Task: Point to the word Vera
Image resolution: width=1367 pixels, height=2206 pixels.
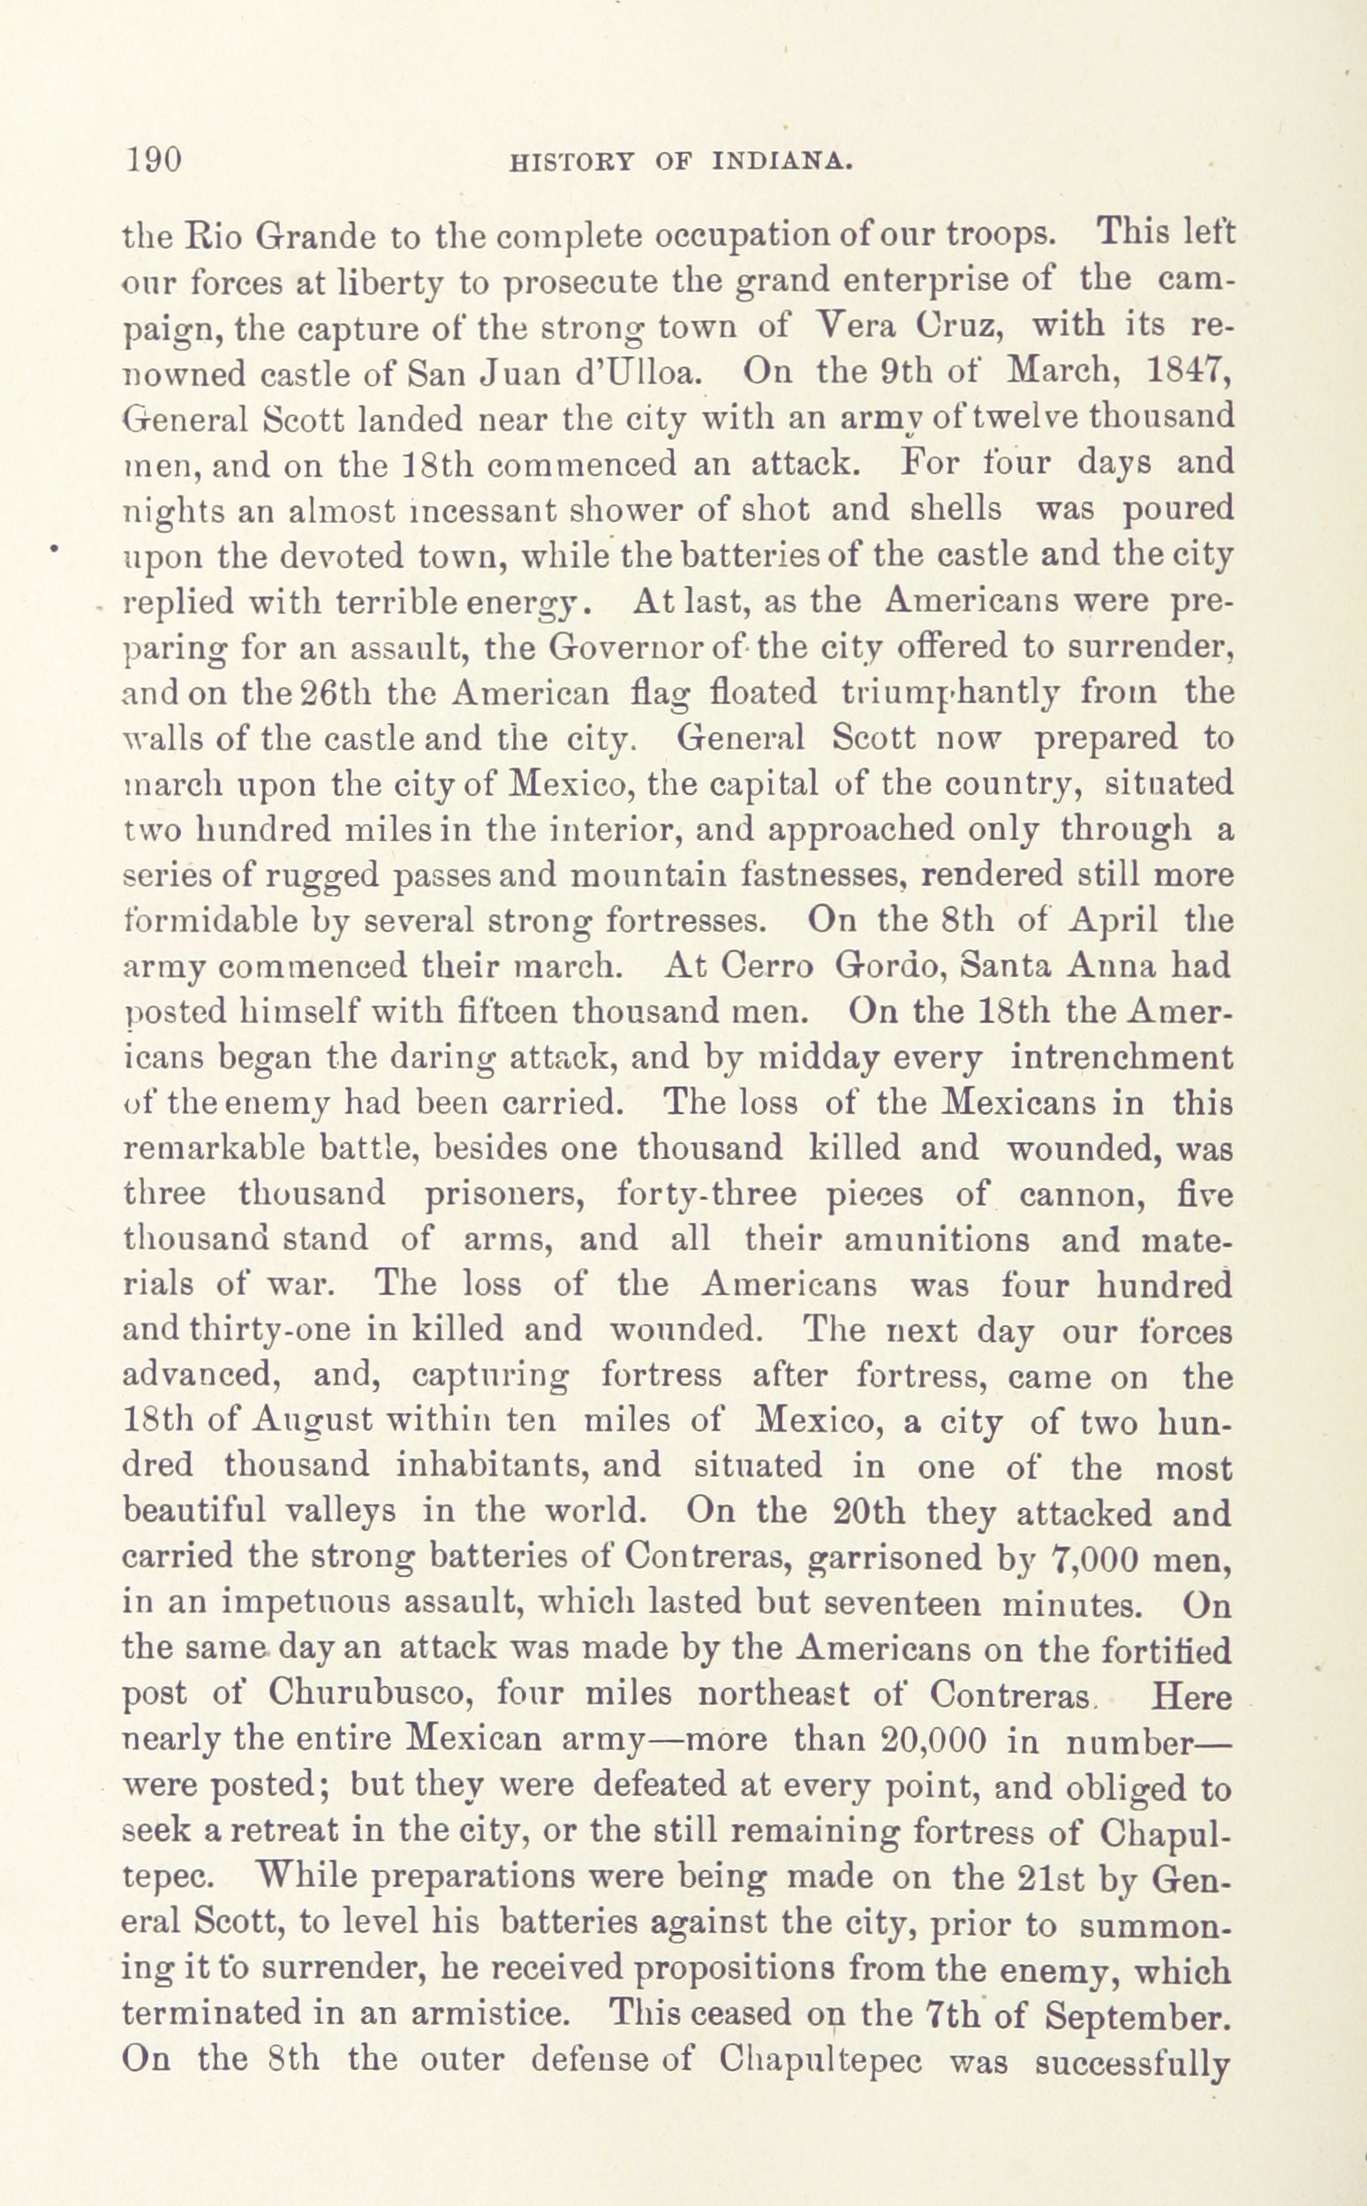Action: pyautogui.click(x=855, y=326)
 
